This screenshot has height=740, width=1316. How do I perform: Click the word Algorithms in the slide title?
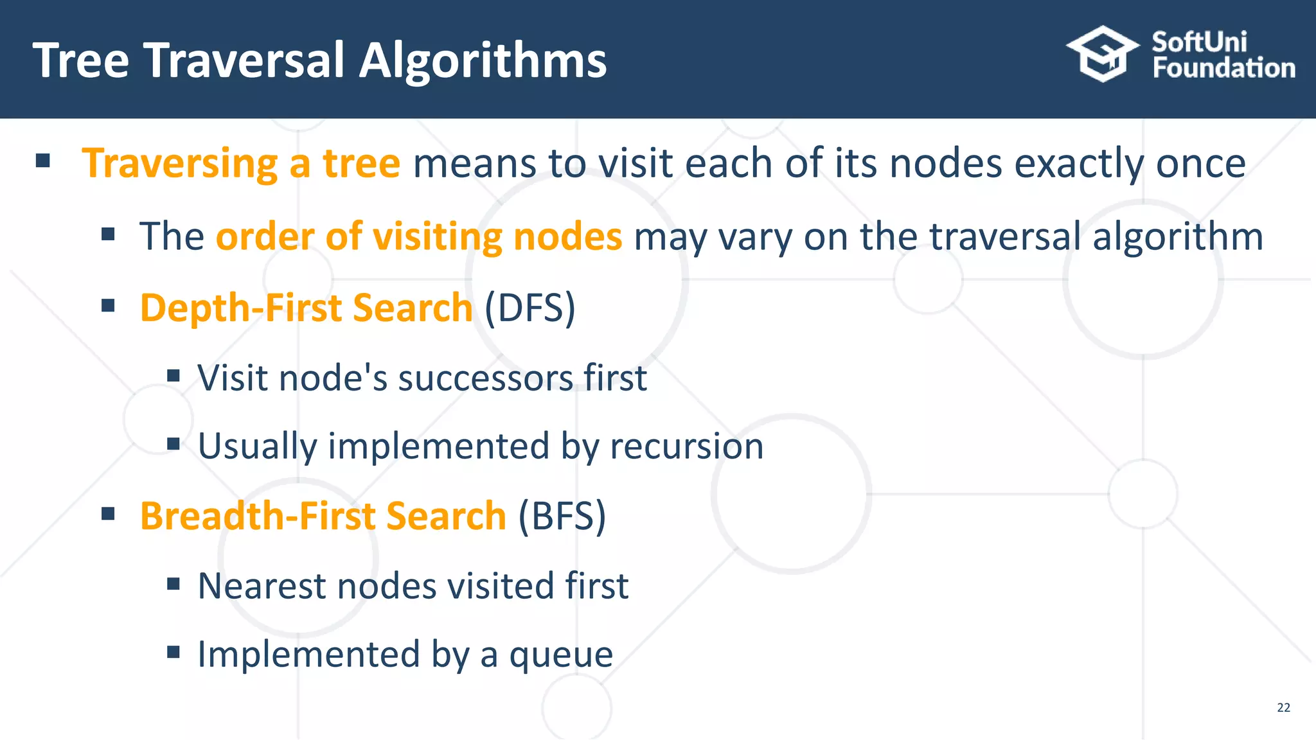coord(483,62)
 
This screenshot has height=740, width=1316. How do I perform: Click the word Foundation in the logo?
coord(1223,68)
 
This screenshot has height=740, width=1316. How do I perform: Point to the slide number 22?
coord(1283,707)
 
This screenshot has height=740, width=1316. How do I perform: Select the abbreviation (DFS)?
coord(529,308)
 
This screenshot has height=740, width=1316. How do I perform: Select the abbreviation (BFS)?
coord(562,516)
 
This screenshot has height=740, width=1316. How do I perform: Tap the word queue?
coord(561,655)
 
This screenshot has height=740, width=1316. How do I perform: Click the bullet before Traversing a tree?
coord(43,161)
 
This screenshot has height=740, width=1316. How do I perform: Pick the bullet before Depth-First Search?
coord(108,305)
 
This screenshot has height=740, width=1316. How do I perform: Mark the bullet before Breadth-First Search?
coord(108,513)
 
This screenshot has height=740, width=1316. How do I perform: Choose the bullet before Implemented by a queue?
coord(173,653)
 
